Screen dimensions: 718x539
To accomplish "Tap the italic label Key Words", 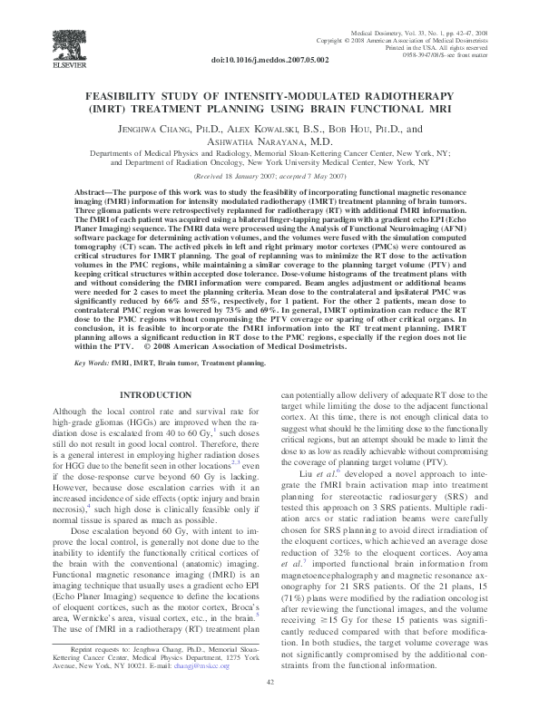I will [x=91, y=362].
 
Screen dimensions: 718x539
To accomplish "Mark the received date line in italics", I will [x=269, y=176].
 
